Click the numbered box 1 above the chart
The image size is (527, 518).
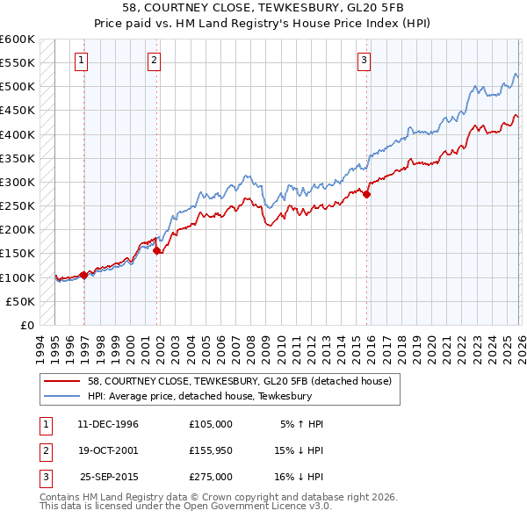point(81,61)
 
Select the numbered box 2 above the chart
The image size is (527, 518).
point(154,61)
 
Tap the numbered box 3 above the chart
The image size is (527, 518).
point(364,61)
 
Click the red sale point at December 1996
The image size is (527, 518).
point(84,275)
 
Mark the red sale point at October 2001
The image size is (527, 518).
point(157,251)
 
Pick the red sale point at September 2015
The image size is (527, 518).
point(367,195)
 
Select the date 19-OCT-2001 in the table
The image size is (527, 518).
point(108,450)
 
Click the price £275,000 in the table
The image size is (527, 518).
point(211,477)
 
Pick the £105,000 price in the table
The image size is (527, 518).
point(211,423)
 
